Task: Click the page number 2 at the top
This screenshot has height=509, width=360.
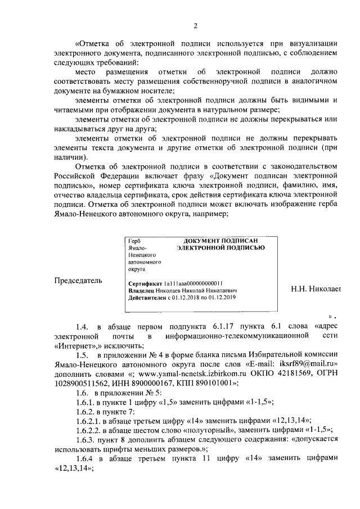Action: coord(196,26)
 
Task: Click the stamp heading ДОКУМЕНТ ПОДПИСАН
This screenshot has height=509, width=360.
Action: coord(220,240)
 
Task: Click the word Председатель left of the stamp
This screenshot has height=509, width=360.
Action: coord(78,280)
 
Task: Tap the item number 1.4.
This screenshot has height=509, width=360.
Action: coord(82,326)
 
